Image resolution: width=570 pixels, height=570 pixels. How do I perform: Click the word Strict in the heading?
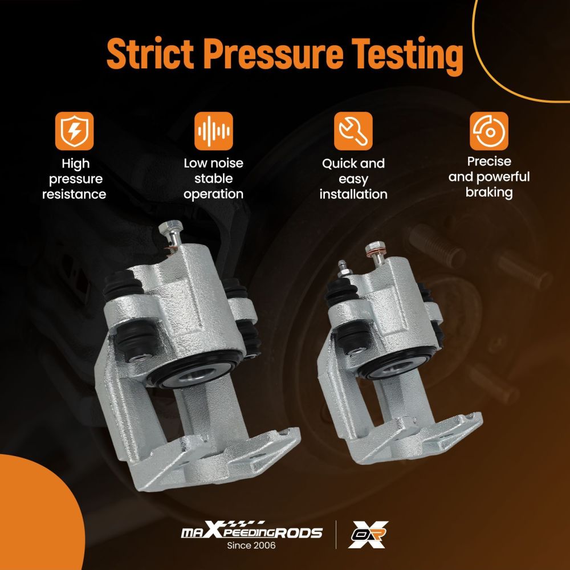click(150, 54)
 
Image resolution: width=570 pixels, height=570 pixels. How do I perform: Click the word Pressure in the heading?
click(273, 54)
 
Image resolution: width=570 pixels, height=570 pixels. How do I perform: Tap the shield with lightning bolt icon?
click(75, 131)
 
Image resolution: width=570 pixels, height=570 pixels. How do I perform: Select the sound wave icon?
click(213, 131)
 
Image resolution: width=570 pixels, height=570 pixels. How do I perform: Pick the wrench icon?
click(353, 131)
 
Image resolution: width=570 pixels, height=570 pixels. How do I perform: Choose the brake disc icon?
click(489, 131)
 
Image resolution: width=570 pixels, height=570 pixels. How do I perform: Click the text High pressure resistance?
click(74, 179)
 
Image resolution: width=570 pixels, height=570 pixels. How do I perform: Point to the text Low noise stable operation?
click(213, 178)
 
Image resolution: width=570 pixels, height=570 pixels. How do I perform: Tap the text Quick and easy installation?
click(353, 179)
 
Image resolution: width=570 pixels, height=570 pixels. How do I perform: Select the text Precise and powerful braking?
click(489, 177)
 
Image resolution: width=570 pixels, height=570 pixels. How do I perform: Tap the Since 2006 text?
click(251, 545)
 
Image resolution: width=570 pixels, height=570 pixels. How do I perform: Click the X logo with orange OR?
click(368, 534)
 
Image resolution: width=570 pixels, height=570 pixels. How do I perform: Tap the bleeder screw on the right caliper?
click(342, 269)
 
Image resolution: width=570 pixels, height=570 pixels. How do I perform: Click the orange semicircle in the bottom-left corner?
click(36, 516)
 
